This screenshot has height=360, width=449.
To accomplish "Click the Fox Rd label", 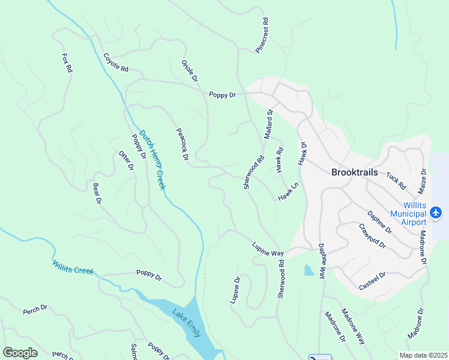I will [x=67, y=63].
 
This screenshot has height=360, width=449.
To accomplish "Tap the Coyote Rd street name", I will [x=116, y=63].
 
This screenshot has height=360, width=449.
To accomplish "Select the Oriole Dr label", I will [x=190, y=71].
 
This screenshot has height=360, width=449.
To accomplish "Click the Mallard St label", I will [x=269, y=124].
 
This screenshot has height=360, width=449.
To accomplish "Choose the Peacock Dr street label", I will [x=182, y=144].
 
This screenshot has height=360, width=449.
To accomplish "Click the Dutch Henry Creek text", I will [x=152, y=160].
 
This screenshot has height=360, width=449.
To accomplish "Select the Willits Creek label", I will [x=73, y=266].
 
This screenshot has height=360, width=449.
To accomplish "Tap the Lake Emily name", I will [x=186, y=322].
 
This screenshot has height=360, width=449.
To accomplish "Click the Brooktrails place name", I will [x=355, y=172].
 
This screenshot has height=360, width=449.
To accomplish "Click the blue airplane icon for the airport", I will [x=436, y=212].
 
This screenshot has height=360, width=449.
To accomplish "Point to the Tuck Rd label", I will [x=396, y=181].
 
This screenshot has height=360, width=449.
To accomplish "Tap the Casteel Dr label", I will [x=372, y=280].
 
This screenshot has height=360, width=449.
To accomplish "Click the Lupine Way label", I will [x=267, y=249].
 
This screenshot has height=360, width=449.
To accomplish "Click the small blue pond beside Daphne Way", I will [x=309, y=271].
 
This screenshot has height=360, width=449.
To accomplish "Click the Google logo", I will [x=20, y=353].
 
